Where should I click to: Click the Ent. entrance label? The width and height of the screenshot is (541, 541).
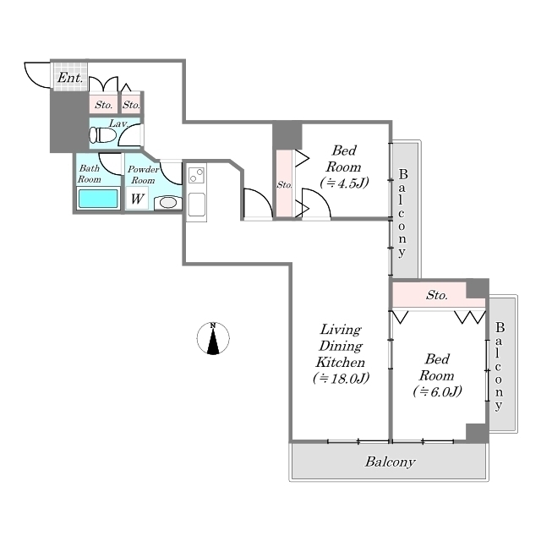coord(70,79)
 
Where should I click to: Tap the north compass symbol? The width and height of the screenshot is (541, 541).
coord(214,338)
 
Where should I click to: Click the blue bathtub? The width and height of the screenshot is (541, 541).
coord(97,199)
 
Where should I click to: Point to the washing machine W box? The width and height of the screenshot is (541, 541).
coord(136,199)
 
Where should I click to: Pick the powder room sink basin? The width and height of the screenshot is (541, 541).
coord(167,202)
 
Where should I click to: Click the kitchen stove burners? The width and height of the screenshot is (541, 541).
coord(196,176)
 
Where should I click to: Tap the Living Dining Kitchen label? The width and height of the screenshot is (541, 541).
coord(341,353)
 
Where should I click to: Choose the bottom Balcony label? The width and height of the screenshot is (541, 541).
coord(390,462)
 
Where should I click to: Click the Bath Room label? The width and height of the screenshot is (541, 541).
coord(89,173)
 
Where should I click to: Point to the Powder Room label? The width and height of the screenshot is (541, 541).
coord(142,174)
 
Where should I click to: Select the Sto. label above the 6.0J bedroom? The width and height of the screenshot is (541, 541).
coord(436,296)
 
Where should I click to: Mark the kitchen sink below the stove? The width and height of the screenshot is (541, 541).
coord(196,205)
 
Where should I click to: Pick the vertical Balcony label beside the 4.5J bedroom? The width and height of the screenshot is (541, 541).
coord(403,213)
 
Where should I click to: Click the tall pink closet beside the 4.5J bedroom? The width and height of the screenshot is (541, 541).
coord(285,184)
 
